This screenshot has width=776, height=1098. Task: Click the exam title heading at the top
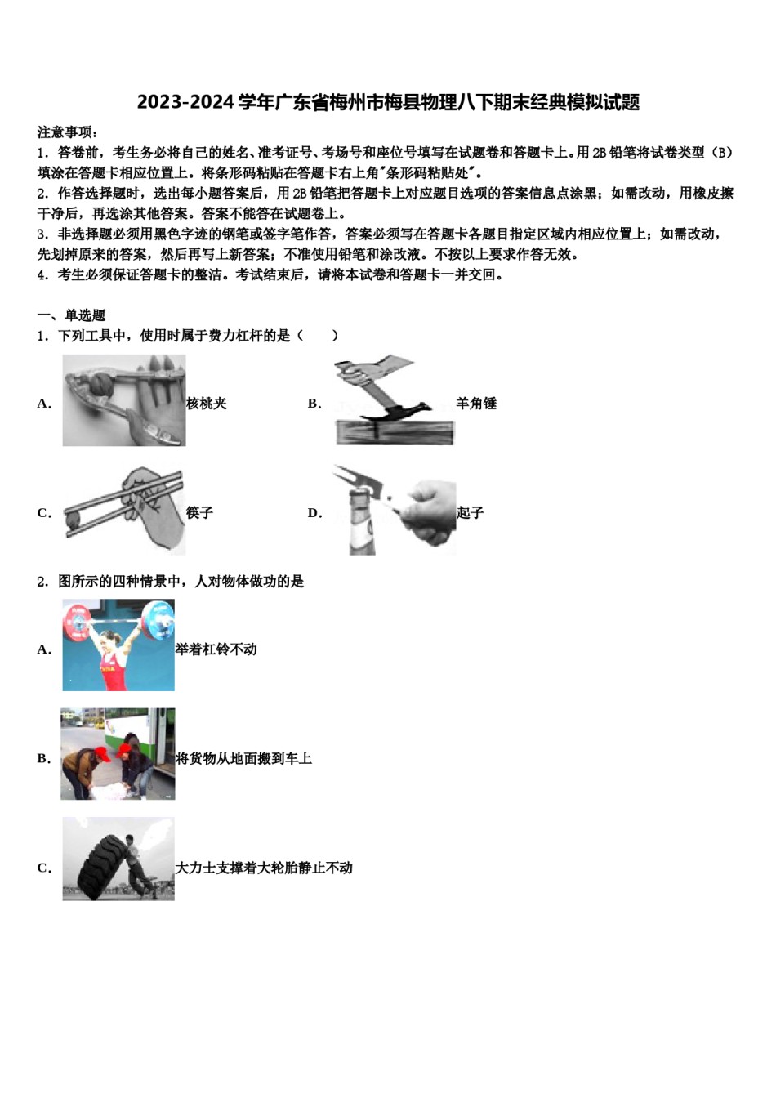tap(388, 102)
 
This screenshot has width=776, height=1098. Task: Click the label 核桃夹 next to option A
tap(207, 403)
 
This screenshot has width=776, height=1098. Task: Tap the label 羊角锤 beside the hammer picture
tap(476, 403)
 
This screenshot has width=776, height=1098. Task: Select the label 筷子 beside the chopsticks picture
tap(199, 512)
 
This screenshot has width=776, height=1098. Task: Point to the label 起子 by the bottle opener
tap(471, 512)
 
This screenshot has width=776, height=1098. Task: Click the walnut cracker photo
tap(124, 400)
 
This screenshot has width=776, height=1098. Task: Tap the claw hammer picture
tap(395, 400)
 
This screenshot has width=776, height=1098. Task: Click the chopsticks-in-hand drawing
tap(124, 511)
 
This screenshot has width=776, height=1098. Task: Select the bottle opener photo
tap(395, 511)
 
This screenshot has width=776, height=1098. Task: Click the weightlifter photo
tap(118, 645)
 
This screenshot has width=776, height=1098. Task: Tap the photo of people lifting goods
tap(118, 754)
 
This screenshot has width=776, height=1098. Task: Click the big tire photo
tap(118, 859)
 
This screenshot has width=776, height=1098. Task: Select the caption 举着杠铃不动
tap(216, 649)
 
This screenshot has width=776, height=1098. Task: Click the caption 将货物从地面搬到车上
tap(244, 758)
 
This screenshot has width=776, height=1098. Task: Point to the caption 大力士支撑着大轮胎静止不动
tap(265, 868)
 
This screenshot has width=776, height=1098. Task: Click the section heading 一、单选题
tap(71, 315)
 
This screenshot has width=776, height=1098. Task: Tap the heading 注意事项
tap(68, 132)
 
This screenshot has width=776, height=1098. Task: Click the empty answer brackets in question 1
tap(318, 336)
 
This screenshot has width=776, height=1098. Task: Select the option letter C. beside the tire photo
tap(44, 868)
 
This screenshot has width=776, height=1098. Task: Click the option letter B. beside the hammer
tap(314, 403)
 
